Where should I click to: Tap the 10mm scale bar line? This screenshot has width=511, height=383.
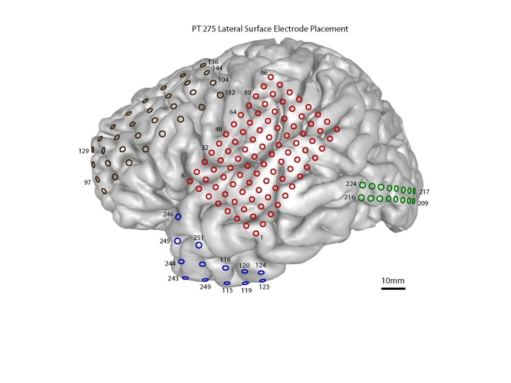(x=393, y=289)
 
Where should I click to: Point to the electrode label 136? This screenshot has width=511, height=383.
(x=213, y=62)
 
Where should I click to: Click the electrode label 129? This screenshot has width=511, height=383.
(x=84, y=151)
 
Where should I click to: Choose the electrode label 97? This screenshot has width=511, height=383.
(x=88, y=183)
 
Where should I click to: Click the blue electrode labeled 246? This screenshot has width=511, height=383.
(x=178, y=217)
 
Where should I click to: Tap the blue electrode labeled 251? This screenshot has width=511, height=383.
(x=198, y=245)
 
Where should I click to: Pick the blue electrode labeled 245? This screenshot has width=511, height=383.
(x=178, y=241)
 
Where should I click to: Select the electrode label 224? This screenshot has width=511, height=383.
(x=351, y=184)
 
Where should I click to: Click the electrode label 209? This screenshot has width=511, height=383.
(x=422, y=203)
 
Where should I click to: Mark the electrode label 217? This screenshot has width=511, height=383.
(x=424, y=191)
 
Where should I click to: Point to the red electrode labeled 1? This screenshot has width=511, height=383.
(x=256, y=233)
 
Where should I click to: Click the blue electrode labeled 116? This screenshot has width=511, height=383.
(x=225, y=268)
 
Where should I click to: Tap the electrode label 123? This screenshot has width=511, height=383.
(x=264, y=287)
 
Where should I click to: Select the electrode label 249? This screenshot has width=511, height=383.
(x=205, y=287)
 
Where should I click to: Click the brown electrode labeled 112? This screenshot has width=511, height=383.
(x=220, y=95)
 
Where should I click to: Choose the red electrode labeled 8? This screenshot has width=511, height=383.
(x=190, y=181)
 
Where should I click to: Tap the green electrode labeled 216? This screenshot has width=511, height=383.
(x=362, y=197)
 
